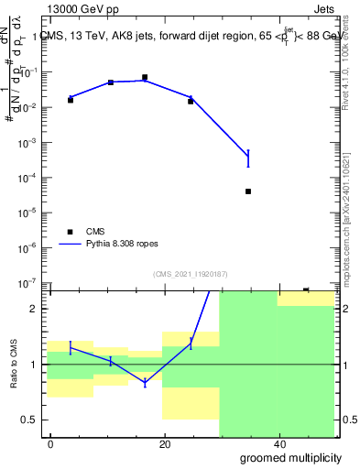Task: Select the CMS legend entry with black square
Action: tap(83, 232)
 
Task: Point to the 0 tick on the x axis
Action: tap(50, 444)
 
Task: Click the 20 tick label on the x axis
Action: tap(164, 444)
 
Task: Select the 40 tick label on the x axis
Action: tap(278, 444)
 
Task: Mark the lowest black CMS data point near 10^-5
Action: tap(248, 191)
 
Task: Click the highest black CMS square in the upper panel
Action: tap(145, 78)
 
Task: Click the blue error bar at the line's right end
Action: tap(248, 158)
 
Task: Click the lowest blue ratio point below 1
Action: tap(145, 383)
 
